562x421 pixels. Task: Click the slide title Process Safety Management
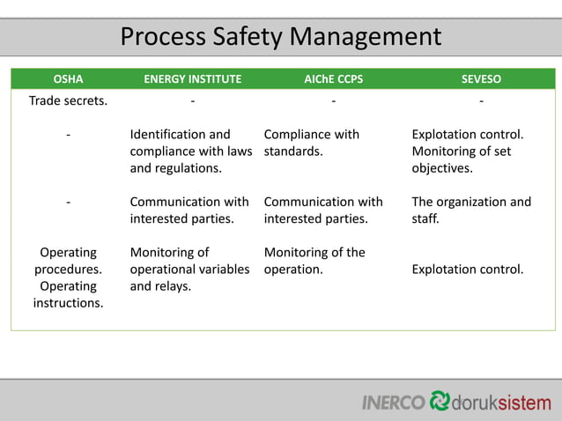coord(280,37)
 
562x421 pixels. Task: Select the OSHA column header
coord(69,78)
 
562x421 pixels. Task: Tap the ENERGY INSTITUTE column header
coord(192,78)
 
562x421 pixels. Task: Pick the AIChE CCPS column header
coord(333,78)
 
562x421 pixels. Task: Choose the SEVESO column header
coord(481,78)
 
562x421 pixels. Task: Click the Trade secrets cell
coord(69,100)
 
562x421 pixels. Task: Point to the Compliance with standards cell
coord(312,143)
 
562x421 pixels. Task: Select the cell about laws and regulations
coord(191,151)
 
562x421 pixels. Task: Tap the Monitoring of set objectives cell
coord(468,151)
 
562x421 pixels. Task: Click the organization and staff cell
coord(471,210)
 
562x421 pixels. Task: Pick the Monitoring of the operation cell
coord(314,261)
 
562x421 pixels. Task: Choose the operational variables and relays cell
coord(189,269)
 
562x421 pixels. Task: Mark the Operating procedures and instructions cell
coord(68,277)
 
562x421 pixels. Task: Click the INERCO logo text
coord(393,403)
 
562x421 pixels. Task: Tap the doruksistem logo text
coord(500,403)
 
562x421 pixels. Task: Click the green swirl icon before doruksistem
coord(439,401)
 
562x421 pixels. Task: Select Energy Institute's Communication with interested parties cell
coord(189,210)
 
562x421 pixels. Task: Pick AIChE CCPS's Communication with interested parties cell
coord(323,210)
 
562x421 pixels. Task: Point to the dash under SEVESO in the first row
coord(481,100)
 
